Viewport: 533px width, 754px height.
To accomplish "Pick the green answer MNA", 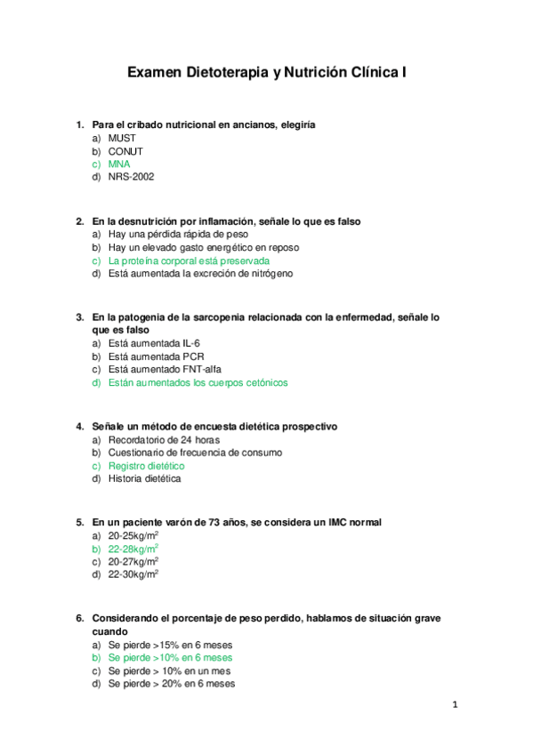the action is [119, 164].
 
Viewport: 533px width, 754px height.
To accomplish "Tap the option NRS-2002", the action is [131, 177].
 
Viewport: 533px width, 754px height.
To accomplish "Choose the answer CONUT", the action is [125, 151].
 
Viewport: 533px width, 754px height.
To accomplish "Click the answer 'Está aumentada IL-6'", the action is [156, 343].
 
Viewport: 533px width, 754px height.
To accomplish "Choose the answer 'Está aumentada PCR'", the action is [156, 357].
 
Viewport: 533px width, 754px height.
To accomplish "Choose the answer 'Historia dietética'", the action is [144, 478].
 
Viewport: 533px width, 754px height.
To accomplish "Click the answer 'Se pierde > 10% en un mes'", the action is [169, 671].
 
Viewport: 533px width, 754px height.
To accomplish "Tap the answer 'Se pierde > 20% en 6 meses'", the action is [171, 685].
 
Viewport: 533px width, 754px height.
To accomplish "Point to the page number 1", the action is [454, 706].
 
